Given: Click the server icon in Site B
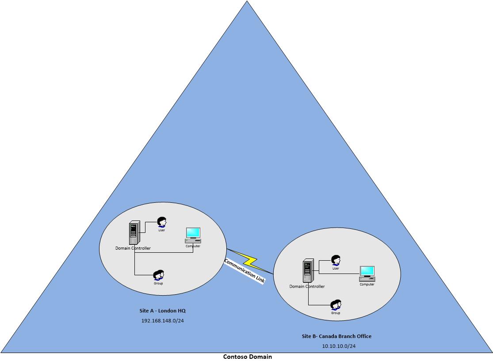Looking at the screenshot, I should tap(308, 271).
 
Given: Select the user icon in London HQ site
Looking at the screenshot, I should tap(162, 222).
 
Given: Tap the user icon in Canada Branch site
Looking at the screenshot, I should tap(336, 260).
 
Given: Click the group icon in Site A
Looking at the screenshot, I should tap(159, 275).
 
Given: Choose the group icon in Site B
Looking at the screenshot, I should tap(336, 304).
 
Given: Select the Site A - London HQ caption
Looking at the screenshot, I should tap(162, 311).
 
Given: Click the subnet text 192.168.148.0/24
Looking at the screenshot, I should tap(162, 321).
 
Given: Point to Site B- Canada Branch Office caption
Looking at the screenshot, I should tap(336, 336).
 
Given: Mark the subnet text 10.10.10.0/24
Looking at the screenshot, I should tap(339, 346).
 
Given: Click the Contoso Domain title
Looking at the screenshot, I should tap(247, 357).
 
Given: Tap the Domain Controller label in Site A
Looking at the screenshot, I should tap(133, 248).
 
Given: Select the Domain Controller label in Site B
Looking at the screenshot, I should tap(307, 286).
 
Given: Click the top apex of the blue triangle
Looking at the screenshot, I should tap(247, 2).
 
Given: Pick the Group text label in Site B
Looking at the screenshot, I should tap(336, 313).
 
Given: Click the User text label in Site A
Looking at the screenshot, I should tap(162, 230).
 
